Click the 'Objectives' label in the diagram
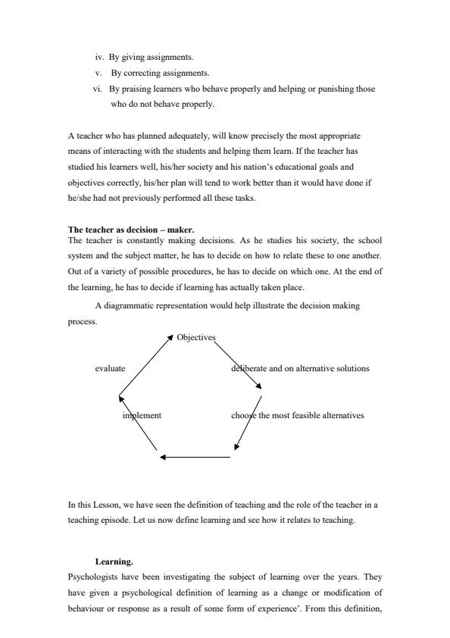tap(196, 337)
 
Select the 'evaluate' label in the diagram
tap(110, 368)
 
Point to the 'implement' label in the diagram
tap(142, 415)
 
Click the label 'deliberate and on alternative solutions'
tap(300, 368)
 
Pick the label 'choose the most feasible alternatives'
tap(297, 415)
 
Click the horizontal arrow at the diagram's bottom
tap(195, 457)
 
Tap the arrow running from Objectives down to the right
tap(238, 365)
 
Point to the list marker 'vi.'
tap(98, 89)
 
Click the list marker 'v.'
tap(99, 73)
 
